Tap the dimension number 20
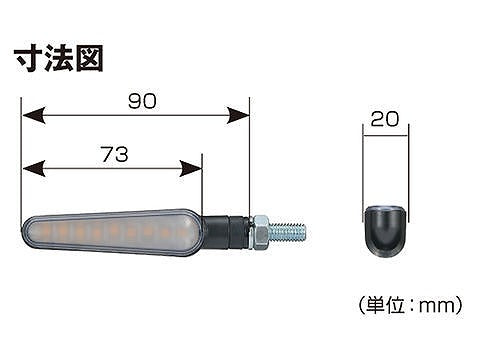tap(384, 118)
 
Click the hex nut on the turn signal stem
tap(258, 233)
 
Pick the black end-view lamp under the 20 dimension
tap(384, 227)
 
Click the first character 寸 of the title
tap(27, 57)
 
